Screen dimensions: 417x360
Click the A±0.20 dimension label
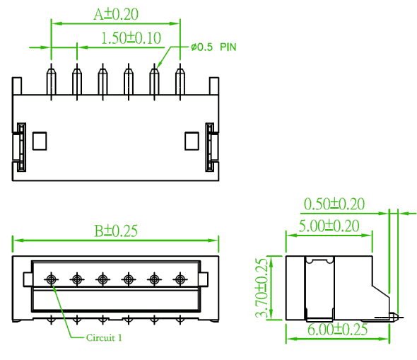116,14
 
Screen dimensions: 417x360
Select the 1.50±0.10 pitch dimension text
131,38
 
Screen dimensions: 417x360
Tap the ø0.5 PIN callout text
213,47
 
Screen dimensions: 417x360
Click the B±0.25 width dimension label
116,231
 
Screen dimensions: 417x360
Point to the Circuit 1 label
104,337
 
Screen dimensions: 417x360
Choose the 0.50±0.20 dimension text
334,204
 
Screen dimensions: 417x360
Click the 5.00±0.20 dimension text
329,226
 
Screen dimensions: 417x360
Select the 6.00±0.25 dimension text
337,330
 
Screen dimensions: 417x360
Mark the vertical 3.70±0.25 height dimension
262,288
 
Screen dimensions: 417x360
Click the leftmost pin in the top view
52,81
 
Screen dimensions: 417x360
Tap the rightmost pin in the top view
180,81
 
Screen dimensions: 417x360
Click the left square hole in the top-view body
40,141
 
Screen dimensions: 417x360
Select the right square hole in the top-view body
192,141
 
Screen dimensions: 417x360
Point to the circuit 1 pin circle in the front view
52,279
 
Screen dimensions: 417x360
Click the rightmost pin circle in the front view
180,279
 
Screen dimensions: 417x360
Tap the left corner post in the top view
17,86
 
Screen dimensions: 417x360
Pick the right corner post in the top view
214,86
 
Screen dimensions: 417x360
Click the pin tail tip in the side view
398,317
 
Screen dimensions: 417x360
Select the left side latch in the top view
21,147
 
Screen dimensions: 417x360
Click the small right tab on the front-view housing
204,279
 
